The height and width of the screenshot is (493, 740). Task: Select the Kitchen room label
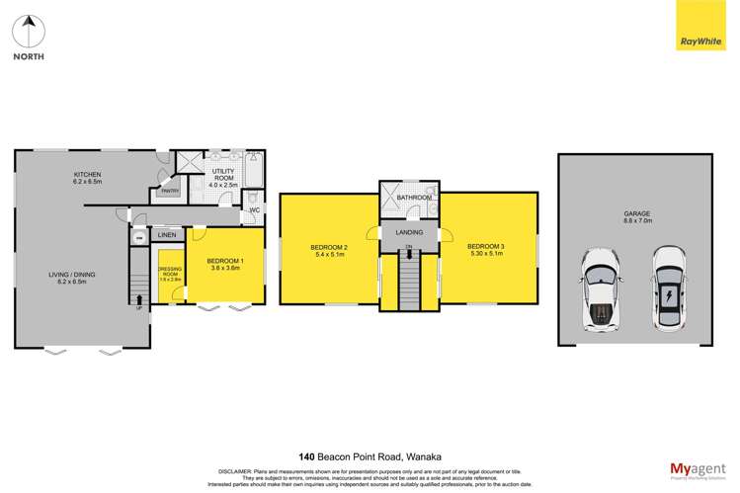(x=87, y=178)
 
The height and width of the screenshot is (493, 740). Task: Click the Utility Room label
(x=220, y=178)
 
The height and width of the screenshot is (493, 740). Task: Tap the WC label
(x=254, y=209)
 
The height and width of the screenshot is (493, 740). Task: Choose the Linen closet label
(x=166, y=235)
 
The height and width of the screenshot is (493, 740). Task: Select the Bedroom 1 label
(x=224, y=264)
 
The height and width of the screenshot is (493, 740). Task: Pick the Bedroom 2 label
(x=329, y=250)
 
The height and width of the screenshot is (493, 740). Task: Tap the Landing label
(x=409, y=233)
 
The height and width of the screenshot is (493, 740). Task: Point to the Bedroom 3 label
(x=485, y=250)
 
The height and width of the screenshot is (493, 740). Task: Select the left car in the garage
(x=600, y=289)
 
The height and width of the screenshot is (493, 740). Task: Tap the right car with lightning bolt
(x=668, y=289)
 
